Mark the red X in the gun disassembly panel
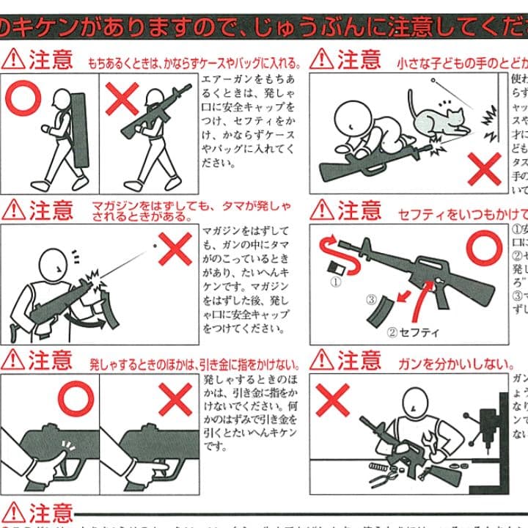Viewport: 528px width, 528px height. (334, 403)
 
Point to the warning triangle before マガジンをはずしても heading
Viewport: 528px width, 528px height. (12, 210)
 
